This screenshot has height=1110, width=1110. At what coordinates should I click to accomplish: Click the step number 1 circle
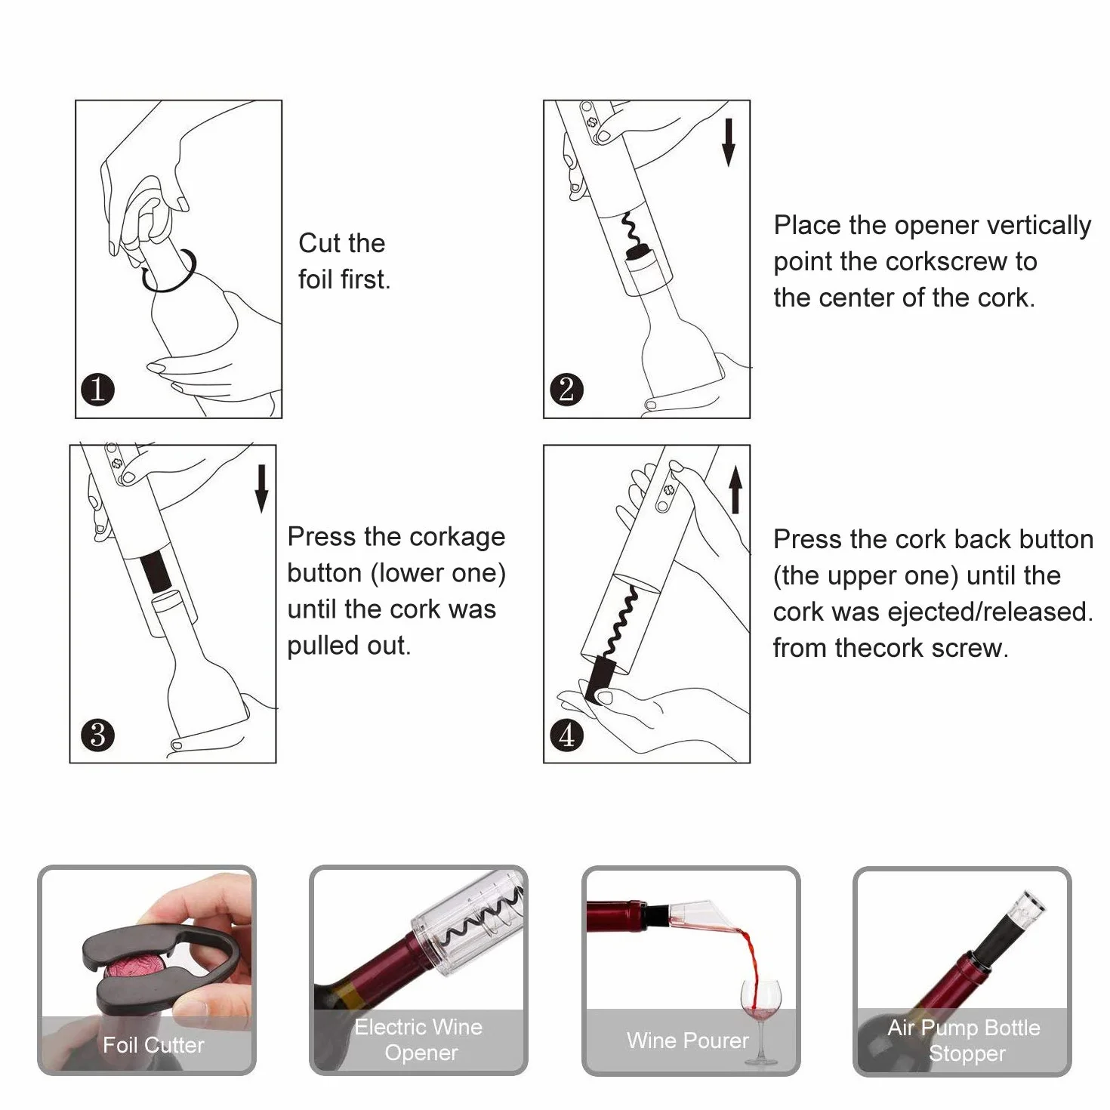pos(97,390)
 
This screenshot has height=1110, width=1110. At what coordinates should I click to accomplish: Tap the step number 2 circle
pos(567,390)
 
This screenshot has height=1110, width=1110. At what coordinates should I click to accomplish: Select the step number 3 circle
pos(97,735)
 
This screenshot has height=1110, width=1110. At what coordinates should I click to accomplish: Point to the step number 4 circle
pos(567,735)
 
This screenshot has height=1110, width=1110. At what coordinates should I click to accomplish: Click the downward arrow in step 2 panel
pos(729,142)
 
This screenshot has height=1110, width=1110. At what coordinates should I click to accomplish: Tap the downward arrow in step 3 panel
pos(261,489)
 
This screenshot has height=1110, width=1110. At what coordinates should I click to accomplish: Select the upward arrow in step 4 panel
pos(735,489)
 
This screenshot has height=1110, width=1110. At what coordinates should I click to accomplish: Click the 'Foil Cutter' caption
pos(153,1045)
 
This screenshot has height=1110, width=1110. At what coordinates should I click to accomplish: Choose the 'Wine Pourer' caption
pos(688,1041)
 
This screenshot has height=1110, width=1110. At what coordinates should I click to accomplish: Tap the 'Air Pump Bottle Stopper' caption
pos(964,1040)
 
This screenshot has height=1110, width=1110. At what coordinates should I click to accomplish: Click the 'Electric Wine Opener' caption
pos(419,1040)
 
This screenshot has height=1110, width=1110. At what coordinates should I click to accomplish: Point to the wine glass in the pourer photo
pos(760,1020)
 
